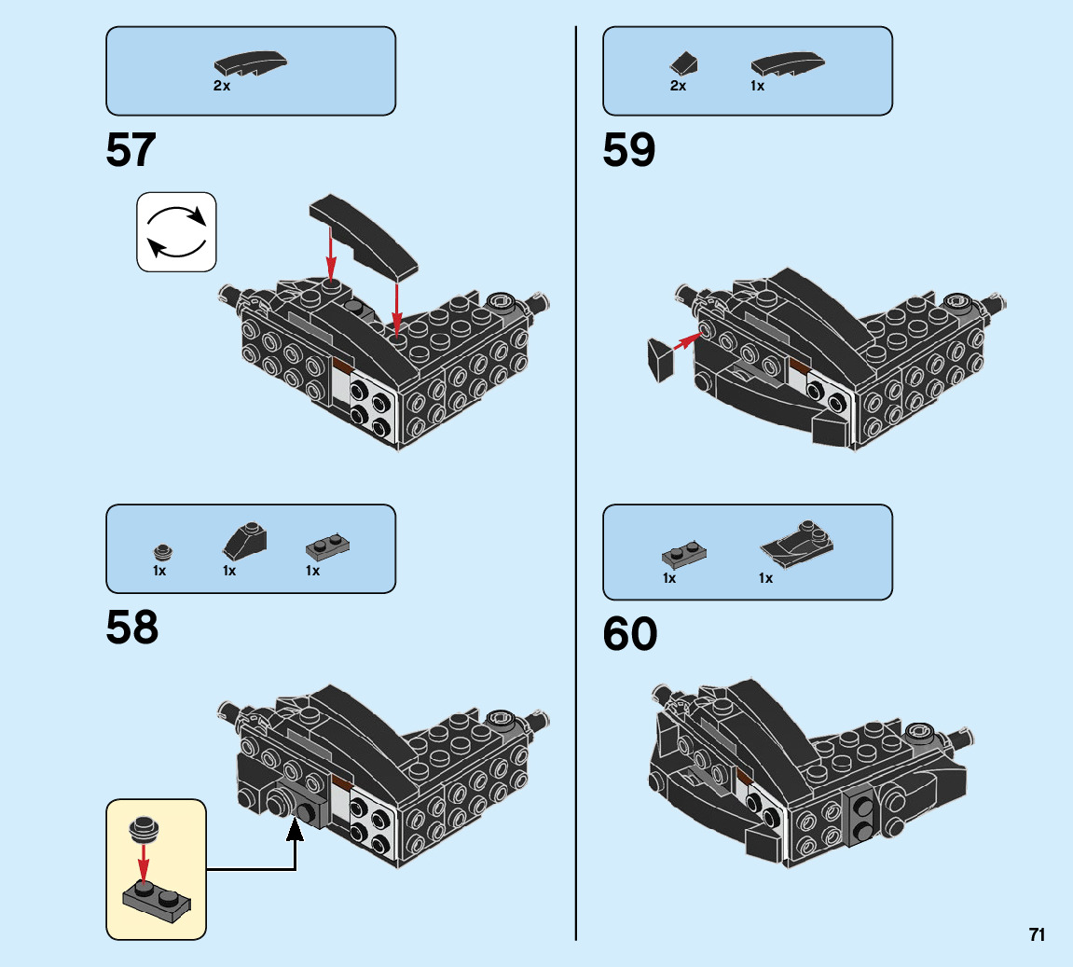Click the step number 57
tap(131, 150)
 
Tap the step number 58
tap(132, 628)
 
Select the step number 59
tap(629, 150)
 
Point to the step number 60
tap(630, 635)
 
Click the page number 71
tap(1037, 934)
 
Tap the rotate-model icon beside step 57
tap(176, 232)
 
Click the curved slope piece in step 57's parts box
tap(250, 64)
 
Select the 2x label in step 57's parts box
tap(221, 86)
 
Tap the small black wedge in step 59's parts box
tap(683, 63)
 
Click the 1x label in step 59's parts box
tap(757, 86)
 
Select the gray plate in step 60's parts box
tap(684, 554)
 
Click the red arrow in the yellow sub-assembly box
tap(143, 858)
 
